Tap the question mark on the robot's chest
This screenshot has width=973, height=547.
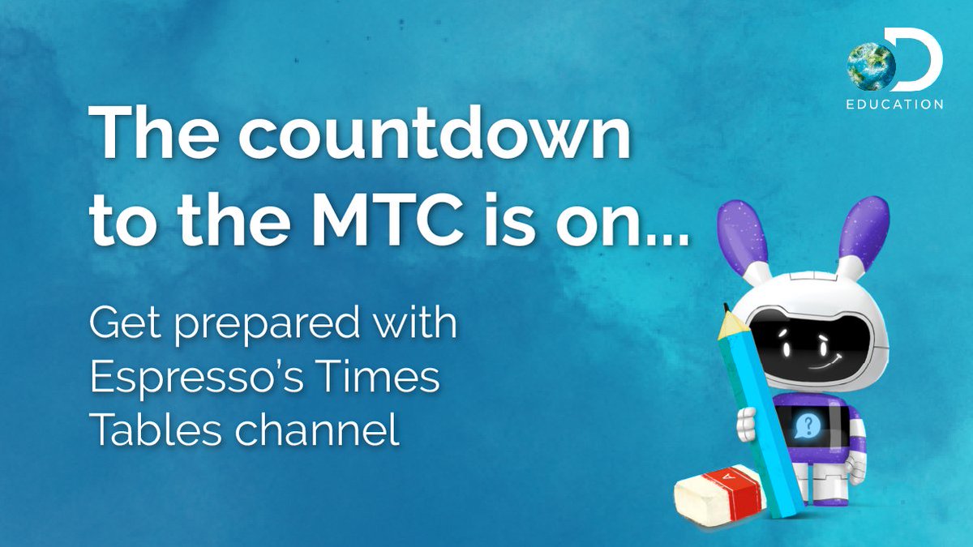point(807,426)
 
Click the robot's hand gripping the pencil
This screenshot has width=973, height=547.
point(747,425)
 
